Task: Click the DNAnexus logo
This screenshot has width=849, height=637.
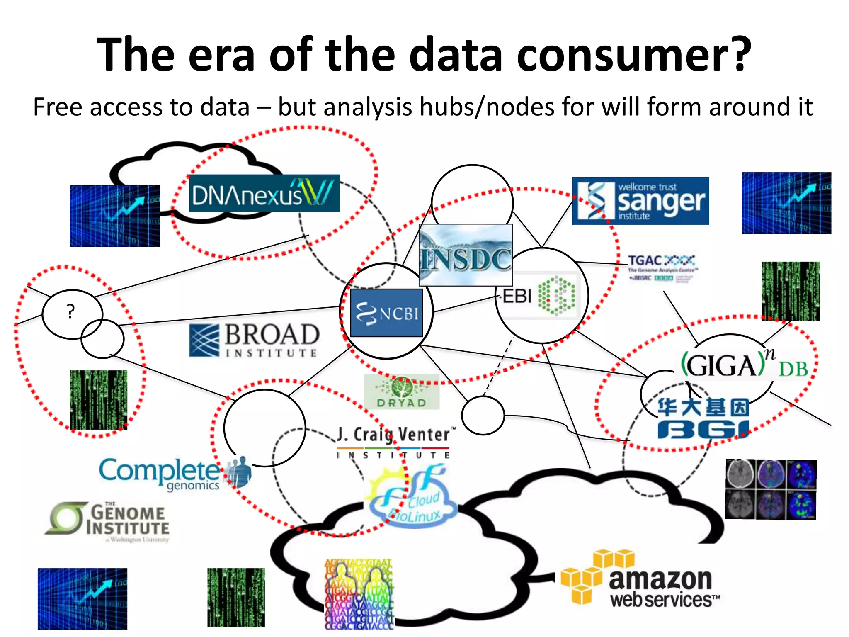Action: click(x=264, y=194)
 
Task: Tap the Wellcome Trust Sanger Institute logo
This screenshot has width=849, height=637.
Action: click(x=640, y=201)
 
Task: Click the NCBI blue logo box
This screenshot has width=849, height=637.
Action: click(x=386, y=313)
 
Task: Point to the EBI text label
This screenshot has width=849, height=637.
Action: click(x=517, y=297)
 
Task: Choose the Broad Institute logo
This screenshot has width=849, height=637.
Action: click(x=254, y=340)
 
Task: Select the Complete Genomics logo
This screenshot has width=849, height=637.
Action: click(x=174, y=473)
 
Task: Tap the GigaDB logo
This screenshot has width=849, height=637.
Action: click(x=745, y=364)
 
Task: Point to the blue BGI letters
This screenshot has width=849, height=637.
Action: click(x=703, y=430)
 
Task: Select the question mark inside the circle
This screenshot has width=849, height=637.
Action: click(x=71, y=311)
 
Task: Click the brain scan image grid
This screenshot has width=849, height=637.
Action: click(x=771, y=489)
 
